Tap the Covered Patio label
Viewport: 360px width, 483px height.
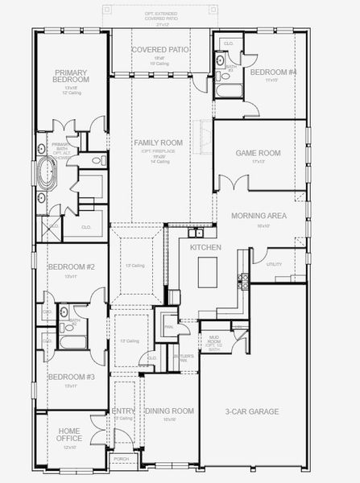(x=159, y=49)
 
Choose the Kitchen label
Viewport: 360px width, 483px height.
(x=205, y=249)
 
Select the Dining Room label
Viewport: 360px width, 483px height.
(x=169, y=411)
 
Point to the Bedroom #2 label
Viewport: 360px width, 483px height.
(x=70, y=266)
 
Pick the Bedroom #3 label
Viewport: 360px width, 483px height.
(x=70, y=377)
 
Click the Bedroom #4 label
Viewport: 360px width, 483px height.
(x=274, y=72)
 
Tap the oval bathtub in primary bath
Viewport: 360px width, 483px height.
(x=47, y=174)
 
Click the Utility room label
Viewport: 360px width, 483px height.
(x=274, y=264)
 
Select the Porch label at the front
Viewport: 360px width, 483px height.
(x=122, y=459)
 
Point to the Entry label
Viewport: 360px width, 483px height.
(x=124, y=411)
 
